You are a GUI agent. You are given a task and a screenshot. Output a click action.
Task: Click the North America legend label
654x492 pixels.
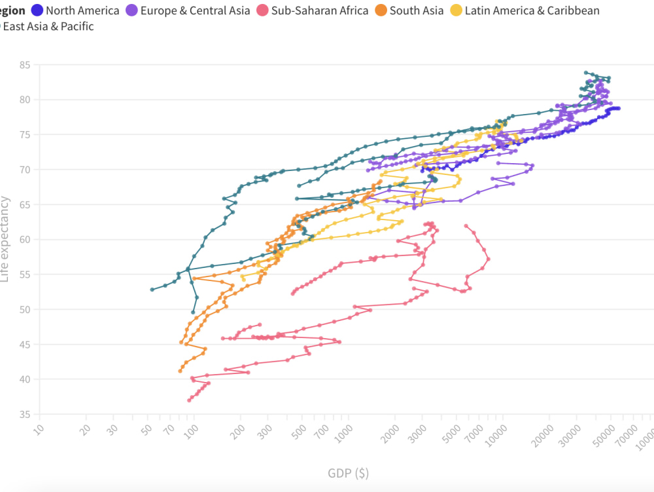pos(82,10)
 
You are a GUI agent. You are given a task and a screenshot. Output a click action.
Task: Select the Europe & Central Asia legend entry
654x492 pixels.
pos(195,10)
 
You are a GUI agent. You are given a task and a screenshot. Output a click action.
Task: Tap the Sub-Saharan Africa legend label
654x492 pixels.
pos(320,10)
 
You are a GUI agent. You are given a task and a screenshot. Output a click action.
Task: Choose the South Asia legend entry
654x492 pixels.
pos(417,10)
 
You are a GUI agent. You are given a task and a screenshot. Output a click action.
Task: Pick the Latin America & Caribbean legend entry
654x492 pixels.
pos(532,10)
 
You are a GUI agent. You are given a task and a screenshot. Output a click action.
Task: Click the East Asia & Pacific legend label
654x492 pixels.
pos(49,26)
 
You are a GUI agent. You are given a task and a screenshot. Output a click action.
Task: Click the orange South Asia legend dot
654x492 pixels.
pos(380,10)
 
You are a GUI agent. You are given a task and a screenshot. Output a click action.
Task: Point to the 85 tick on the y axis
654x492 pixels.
pos(24,65)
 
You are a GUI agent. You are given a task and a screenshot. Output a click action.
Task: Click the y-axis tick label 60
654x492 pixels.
pos(24,240)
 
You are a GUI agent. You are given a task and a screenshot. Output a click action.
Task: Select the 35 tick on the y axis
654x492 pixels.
pos(24,415)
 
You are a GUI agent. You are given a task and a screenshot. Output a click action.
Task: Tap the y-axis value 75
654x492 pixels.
pos(24,135)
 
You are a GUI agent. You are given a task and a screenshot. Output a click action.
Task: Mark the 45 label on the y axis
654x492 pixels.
pos(24,345)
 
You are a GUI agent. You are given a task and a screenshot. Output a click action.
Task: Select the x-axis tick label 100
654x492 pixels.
pos(192,430)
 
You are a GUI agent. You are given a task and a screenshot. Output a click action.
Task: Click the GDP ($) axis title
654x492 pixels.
pos(349,473)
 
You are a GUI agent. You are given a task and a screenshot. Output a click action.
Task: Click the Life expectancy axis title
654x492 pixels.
pos(6,239)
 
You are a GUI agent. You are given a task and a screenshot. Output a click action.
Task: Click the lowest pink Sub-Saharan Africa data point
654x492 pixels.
pos(189,400)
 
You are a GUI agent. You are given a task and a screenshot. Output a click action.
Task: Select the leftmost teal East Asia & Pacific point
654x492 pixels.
pos(152,289)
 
